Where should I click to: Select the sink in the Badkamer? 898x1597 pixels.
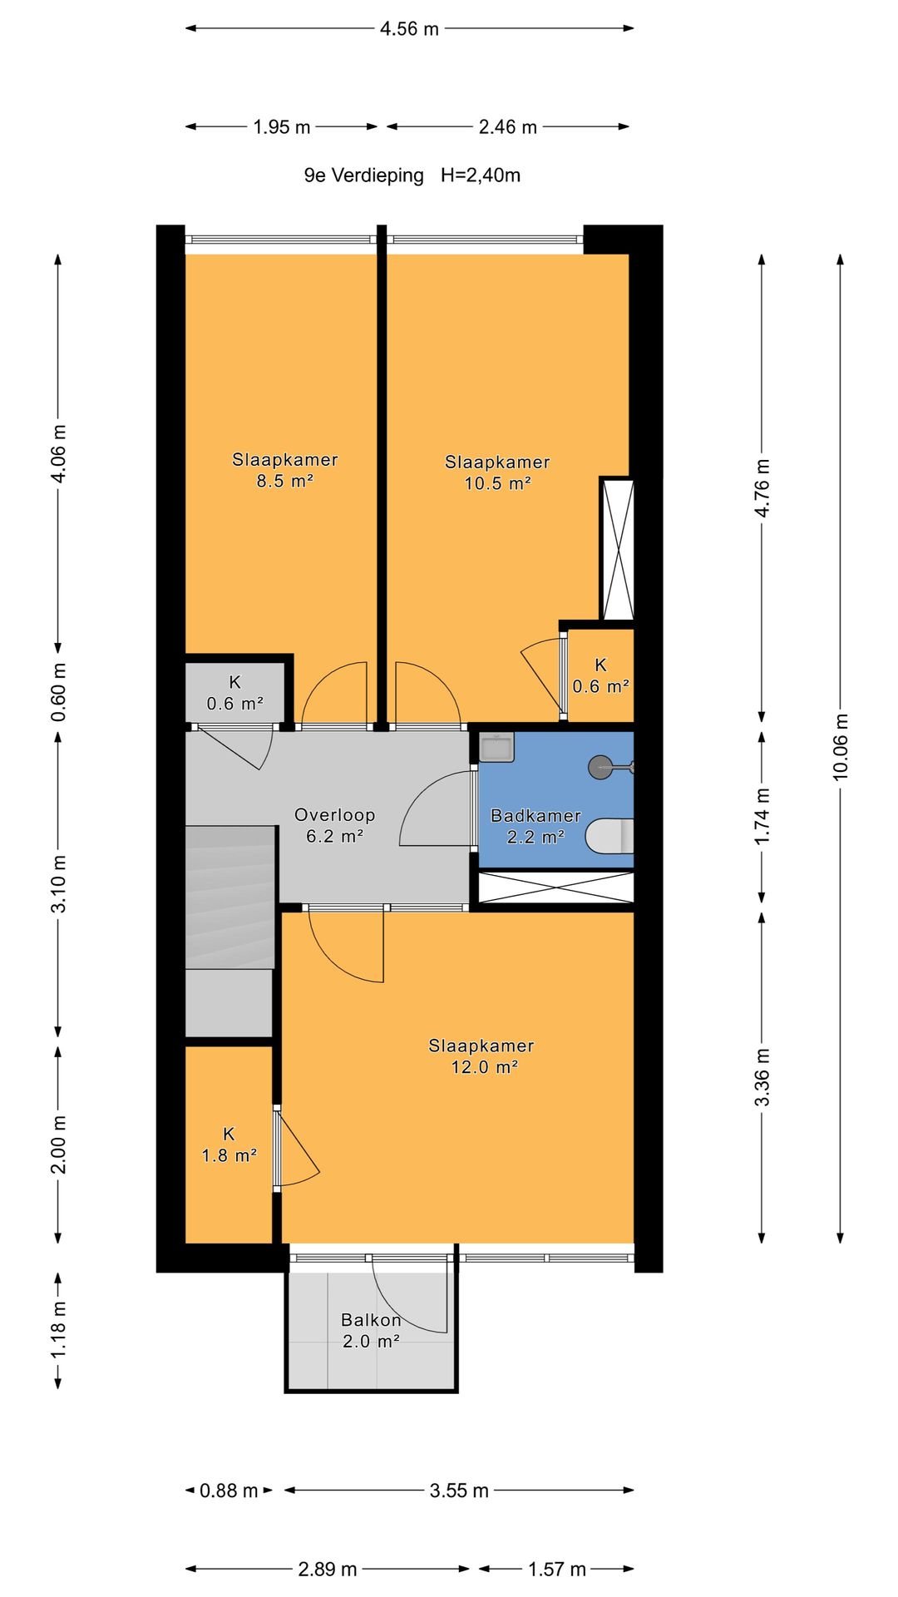click(x=496, y=747)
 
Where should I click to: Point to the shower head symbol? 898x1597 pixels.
click(x=610, y=767)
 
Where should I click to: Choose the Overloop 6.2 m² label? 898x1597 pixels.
click(x=334, y=826)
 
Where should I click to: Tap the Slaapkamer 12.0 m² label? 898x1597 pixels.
click(x=481, y=1056)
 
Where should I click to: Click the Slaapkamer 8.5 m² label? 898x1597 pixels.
click(x=284, y=470)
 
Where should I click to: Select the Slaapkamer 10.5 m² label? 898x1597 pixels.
click(x=497, y=472)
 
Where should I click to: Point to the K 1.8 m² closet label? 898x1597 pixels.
click(x=229, y=1145)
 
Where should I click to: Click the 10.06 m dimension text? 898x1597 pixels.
click(x=841, y=747)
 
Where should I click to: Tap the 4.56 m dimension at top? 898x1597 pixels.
click(x=409, y=29)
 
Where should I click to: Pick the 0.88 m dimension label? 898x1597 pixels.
click(x=229, y=1491)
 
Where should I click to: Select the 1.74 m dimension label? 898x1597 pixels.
click(x=762, y=816)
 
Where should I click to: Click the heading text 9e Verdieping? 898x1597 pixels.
click(x=363, y=176)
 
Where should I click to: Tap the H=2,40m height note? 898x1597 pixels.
click(x=481, y=176)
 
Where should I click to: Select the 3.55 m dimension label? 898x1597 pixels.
click(x=459, y=1491)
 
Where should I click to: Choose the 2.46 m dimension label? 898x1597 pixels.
click(x=507, y=127)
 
